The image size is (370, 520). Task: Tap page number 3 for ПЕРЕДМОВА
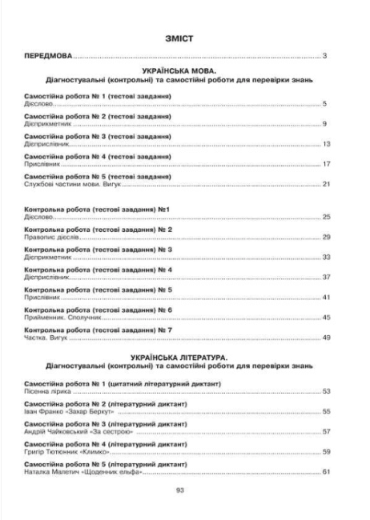coord(325,56)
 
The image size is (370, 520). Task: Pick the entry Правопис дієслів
coord(49,238)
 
